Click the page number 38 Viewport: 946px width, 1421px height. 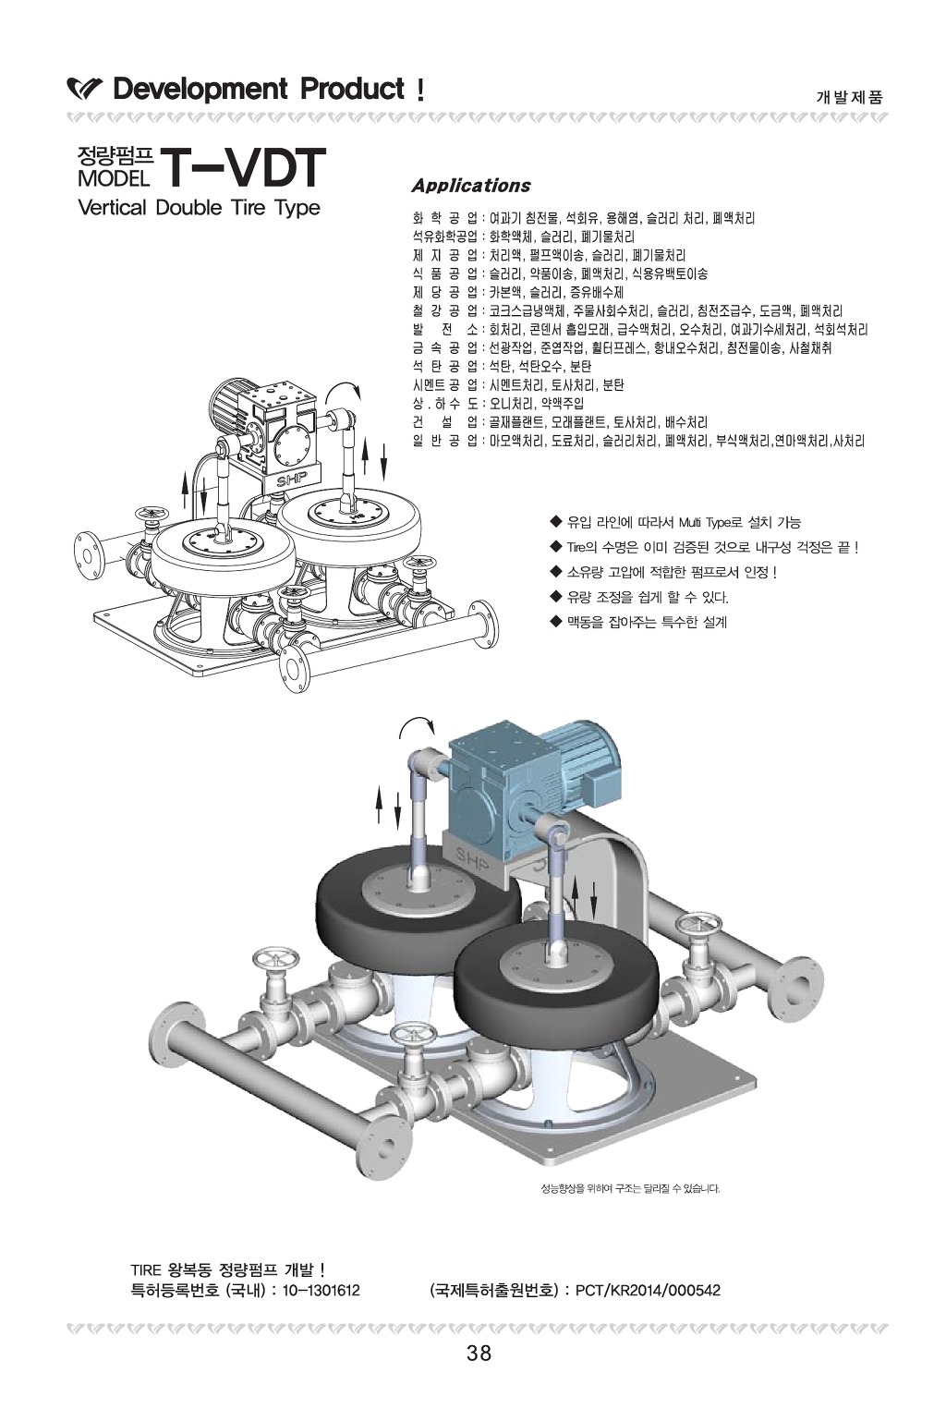point(479,1354)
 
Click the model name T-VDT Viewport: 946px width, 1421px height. point(244,168)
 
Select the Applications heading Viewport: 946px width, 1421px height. point(470,186)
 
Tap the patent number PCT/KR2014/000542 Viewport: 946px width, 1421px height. point(647,1290)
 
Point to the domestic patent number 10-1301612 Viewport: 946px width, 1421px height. point(321,1290)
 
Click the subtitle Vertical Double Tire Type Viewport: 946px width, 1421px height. point(200,207)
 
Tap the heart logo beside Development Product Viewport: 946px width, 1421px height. point(85,91)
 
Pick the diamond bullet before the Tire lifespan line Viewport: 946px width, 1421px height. point(555,546)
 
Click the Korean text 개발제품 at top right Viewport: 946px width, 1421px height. point(849,96)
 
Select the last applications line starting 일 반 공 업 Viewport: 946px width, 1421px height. point(637,442)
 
